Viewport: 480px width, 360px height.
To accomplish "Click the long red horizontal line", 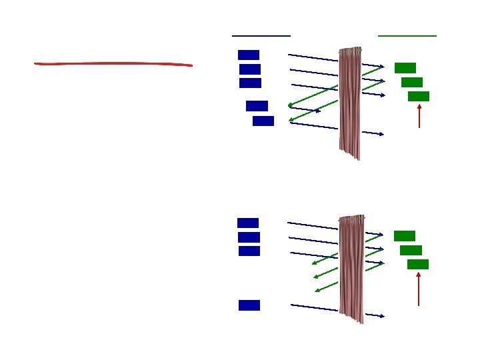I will pyautogui.click(x=113, y=64).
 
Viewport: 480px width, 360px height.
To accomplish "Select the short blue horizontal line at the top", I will pyautogui.click(x=261, y=35).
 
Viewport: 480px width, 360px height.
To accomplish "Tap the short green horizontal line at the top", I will pyautogui.click(x=407, y=35).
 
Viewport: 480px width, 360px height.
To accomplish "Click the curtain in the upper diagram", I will pyautogui.click(x=351, y=100).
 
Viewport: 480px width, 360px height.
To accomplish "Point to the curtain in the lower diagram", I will pyautogui.click(x=351, y=267).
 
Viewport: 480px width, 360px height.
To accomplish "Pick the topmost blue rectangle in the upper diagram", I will pyautogui.click(x=249, y=55).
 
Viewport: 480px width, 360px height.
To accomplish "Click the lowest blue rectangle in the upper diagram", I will pyautogui.click(x=263, y=121).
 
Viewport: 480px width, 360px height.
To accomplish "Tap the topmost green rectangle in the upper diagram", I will pyautogui.click(x=405, y=67).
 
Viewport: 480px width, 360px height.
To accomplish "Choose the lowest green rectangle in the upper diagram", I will pyautogui.click(x=419, y=96).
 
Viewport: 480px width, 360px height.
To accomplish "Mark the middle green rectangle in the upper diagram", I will pyautogui.click(x=412, y=82).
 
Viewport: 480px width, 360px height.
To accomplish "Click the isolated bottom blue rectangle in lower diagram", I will pyautogui.click(x=249, y=305).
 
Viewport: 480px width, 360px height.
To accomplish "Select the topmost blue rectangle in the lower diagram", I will pyautogui.click(x=248, y=223).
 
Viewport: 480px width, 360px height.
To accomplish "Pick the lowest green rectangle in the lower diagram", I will pyautogui.click(x=418, y=264).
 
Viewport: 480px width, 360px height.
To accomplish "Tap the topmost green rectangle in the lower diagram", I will pyautogui.click(x=405, y=235).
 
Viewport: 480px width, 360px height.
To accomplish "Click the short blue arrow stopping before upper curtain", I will pyautogui.click(x=305, y=109).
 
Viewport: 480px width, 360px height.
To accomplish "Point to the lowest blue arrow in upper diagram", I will pyautogui.click(x=337, y=129).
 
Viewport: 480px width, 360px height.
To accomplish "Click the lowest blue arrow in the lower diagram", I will pyautogui.click(x=337, y=310).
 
